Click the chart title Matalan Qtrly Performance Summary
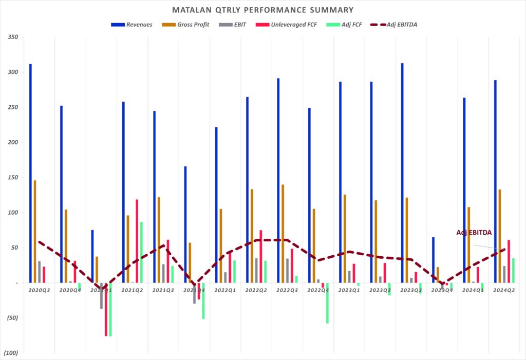pos(262,10)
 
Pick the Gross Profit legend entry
pos(191,25)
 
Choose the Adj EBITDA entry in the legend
pos(400,25)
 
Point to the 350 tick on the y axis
pos(13,37)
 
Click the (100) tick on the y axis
pos(11,353)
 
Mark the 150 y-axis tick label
pos(13,178)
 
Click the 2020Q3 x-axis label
pos(39,290)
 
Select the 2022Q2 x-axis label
pos(256,290)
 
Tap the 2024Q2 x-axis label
pos(503,290)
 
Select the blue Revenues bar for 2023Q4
pos(433,260)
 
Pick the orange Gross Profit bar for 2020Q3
pos(35,231)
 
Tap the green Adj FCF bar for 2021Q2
pos(141,252)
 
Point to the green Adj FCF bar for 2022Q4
pos(327,303)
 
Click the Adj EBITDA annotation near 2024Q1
pos(474,233)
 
